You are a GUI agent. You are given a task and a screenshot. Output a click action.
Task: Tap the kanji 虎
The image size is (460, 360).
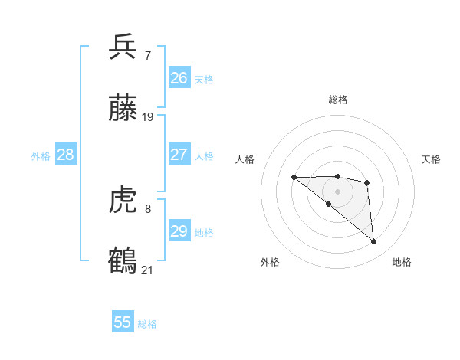(123, 200)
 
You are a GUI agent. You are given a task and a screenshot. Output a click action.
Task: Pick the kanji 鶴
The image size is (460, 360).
(123, 261)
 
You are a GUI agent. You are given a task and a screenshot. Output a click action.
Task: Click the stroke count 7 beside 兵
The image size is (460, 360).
(147, 55)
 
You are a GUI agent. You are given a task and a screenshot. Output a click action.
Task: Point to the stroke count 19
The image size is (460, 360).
(148, 117)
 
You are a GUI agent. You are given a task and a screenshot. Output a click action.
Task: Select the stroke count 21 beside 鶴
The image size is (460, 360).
(148, 270)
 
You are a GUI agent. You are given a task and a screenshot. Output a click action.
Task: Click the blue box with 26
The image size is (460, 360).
(179, 78)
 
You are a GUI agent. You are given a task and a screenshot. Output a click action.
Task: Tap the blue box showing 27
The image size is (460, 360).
(179, 155)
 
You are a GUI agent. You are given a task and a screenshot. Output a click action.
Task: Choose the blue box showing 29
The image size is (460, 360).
(179, 231)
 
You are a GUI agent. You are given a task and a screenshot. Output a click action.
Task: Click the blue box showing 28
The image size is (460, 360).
(66, 155)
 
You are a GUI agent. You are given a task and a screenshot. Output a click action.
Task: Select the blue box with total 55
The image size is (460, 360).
(123, 322)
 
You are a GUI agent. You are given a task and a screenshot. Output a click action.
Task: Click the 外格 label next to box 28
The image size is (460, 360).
(41, 156)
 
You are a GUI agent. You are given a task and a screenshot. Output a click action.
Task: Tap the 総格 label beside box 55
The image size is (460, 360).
(147, 324)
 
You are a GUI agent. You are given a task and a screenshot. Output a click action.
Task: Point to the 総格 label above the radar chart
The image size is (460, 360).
(337, 100)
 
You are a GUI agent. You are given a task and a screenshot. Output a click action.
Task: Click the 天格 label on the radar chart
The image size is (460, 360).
(431, 159)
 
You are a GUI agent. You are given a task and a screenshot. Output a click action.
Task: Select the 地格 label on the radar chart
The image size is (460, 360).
(402, 262)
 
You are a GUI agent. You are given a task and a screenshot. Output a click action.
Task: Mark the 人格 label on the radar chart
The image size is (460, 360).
(245, 159)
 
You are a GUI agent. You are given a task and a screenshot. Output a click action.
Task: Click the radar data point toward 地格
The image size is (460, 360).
(374, 242)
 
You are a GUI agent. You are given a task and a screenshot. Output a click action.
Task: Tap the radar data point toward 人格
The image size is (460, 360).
(294, 178)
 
